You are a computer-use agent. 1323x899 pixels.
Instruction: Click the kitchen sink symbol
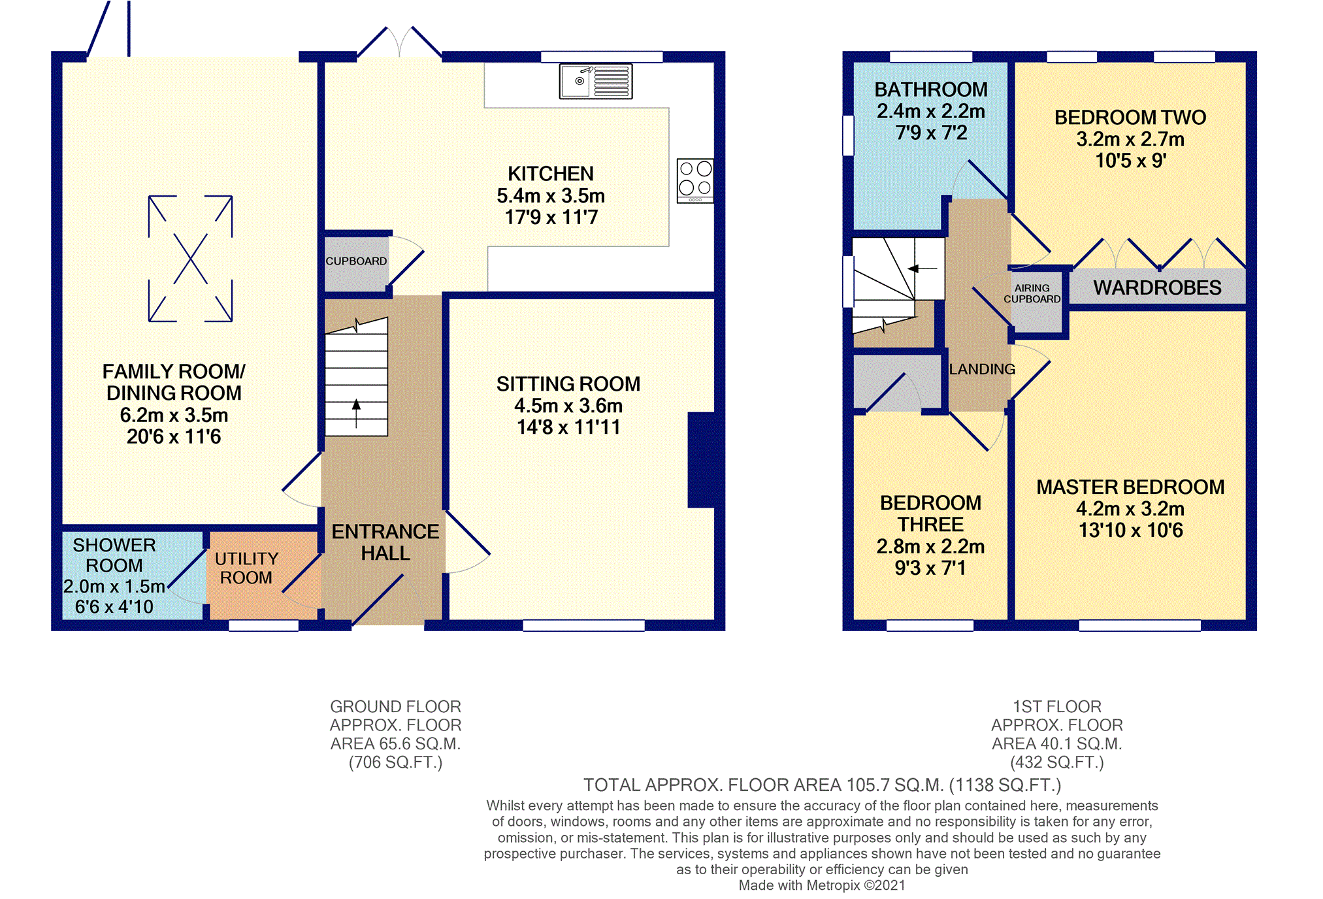(595, 81)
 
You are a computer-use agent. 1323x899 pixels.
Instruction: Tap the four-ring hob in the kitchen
(695, 180)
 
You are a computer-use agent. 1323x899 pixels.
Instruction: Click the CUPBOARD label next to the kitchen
(356, 261)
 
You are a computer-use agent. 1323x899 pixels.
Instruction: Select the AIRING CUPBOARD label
(1032, 293)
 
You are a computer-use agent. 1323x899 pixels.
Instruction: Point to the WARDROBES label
(1157, 287)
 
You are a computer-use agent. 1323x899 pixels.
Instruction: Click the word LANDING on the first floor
(982, 369)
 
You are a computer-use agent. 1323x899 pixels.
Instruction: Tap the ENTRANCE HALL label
(385, 542)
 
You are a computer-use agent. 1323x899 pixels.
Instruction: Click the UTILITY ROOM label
(246, 568)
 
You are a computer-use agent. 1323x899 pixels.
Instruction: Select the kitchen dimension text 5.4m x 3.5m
(551, 195)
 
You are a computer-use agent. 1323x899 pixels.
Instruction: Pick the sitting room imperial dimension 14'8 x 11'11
(568, 427)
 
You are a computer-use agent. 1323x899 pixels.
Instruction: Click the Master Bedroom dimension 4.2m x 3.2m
(1130, 508)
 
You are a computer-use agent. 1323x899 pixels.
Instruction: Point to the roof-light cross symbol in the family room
(190, 259)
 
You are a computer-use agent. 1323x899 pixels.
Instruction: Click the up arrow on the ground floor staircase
(356, 414)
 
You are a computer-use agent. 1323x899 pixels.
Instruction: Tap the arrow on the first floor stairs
(923, 268)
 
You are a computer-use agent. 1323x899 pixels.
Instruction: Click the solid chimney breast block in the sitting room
(701, 460)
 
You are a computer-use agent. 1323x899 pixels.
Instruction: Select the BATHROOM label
(931, 90)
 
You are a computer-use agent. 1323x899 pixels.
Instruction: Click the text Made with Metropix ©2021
(822, 885)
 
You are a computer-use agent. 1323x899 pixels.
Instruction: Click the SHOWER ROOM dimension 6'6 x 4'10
(114, 607)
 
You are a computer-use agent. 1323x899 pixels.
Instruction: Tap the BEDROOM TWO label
(1130, 118)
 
